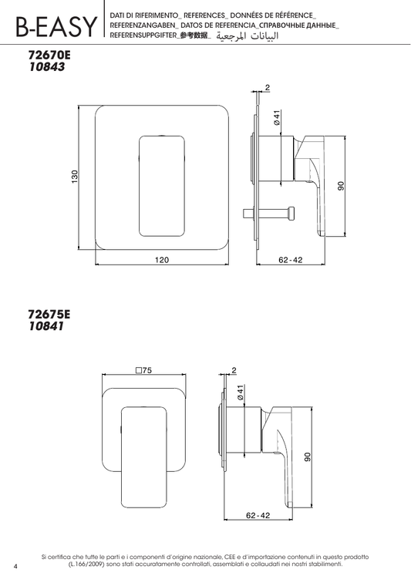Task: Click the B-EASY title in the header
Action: coord(56,26)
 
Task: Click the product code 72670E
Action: coord(49,55)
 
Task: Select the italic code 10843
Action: coord(47,67)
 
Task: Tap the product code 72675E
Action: coord(49,315)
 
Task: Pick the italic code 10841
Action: coord(46,326)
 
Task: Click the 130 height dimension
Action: coord(75,177)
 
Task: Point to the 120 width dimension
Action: coord(162,260)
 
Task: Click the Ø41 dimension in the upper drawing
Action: coord(277,117)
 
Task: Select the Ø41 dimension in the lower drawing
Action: coord(240,393)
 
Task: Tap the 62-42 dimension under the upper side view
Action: coord(291,260)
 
